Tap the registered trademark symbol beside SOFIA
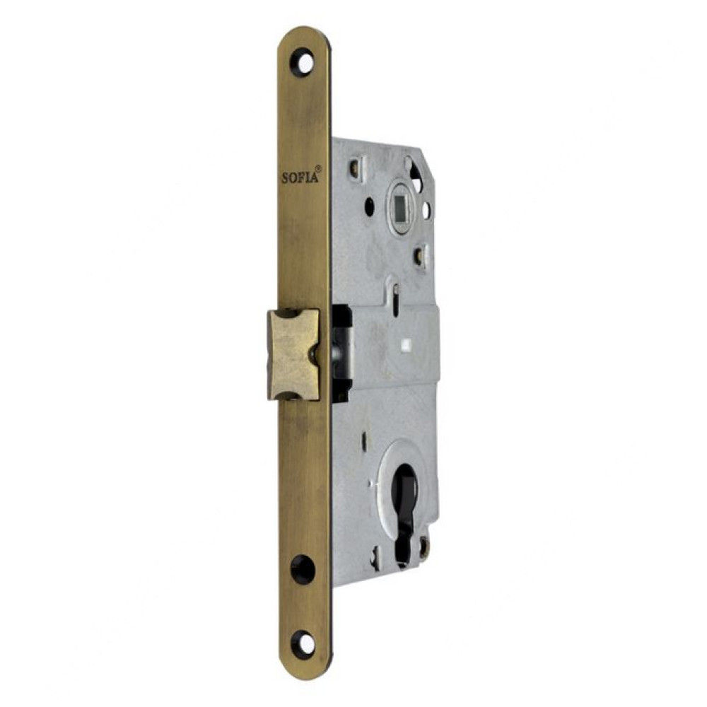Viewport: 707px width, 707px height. [x=319, y=168]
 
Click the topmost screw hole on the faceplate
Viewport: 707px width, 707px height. [x=303, y=62]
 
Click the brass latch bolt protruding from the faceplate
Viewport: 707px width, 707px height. [x=294, y=354]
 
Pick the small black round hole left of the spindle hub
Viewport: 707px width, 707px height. [x=370, y=206]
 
